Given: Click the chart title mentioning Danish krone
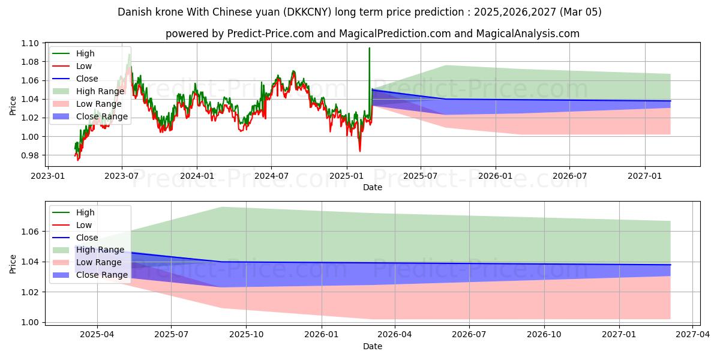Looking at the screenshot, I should point(359,12).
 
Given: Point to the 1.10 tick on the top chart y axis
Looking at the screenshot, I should point(30,43).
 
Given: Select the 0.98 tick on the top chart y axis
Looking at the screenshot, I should point(30,155).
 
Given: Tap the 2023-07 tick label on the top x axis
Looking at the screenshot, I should point(122,175).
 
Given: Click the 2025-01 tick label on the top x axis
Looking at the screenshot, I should point(346,175).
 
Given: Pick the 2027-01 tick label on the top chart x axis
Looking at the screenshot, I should point(645,175).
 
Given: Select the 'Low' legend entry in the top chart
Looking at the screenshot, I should point(85,66).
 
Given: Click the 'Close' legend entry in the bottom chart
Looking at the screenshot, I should point(88,238).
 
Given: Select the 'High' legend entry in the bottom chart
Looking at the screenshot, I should point(86,212).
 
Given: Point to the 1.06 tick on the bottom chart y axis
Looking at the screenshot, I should point(30,232).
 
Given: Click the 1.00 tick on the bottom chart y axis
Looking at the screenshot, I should point(30,322).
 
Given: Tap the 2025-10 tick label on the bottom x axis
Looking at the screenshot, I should point(246,334).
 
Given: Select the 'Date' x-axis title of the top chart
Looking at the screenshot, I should point(372,187).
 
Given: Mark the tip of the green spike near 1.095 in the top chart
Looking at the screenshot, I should point(369,48).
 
